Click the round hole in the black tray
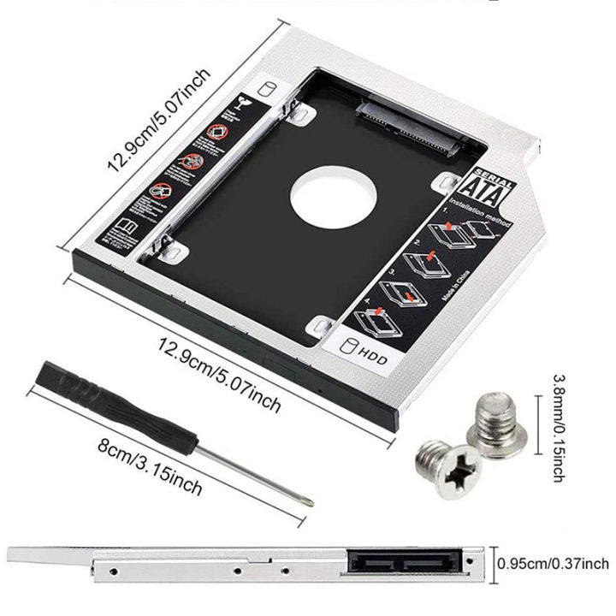click(x=328, y=198)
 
